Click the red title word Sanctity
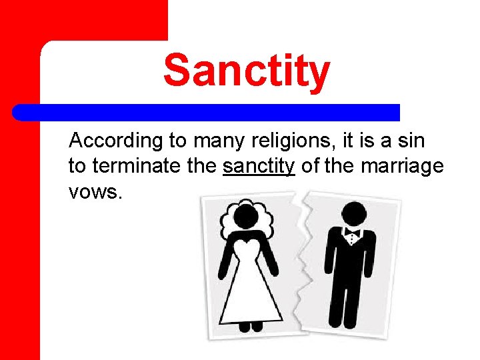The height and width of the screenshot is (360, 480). [246, 71]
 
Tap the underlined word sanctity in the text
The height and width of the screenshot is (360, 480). [259, 165]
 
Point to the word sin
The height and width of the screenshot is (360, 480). [411, 141]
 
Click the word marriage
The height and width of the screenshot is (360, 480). [402, 166]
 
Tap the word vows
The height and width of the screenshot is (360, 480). [95, 191]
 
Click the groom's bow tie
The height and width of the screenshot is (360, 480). [352, 233]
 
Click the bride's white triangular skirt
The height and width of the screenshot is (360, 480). [250, 293]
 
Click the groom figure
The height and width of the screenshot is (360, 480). [351, 267]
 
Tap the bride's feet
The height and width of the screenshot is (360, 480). [249, 327]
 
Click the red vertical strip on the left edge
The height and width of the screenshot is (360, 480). [20, 200]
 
